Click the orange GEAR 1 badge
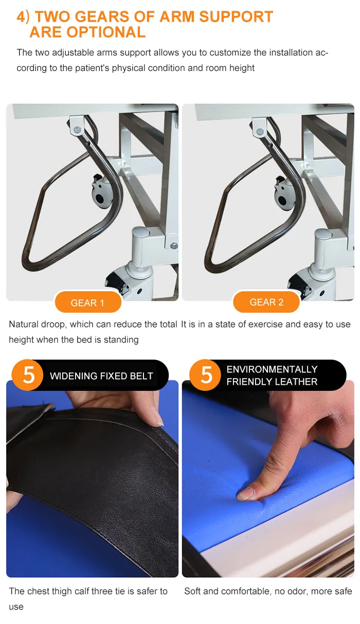point(88,302)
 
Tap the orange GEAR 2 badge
point(266,302)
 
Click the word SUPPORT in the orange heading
point(236,16)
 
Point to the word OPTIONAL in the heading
point(106,32)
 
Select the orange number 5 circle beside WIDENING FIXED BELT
point(28,375)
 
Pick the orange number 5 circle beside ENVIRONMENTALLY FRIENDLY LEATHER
point(206,375)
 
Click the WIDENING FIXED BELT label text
point(102,376)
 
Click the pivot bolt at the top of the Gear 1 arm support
point(78,129)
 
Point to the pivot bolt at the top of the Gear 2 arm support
point(260,131)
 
